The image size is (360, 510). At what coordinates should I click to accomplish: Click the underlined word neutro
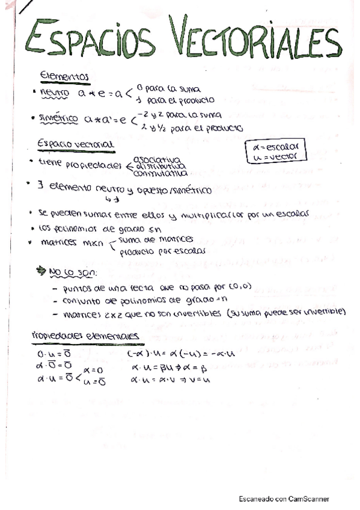tap(55, 94)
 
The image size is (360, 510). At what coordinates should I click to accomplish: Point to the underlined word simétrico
tap(58, 119)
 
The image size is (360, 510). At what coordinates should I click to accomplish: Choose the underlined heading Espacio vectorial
tap(75, 144)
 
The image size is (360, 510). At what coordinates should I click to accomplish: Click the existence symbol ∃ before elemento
tap(40, 185)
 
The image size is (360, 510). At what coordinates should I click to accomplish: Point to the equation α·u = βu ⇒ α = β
tap(174, 366)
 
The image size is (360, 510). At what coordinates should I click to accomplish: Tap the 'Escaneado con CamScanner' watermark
tap(284, 499)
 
